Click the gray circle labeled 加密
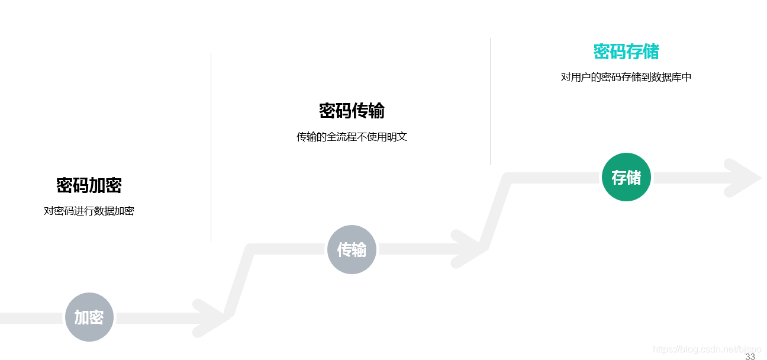(x=89, y=317)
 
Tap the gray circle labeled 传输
(x=352, y=250)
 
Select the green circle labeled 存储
(x=626, y=177)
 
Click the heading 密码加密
(x=89, y=185)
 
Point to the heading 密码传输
(x=352, y=111)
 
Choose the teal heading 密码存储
(x=626, y=52)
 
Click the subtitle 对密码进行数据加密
(x=89, y=211)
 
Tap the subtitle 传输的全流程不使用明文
(x=352, y=137)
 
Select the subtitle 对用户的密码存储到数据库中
(x=626, y=77)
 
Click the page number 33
(x=750, y=356)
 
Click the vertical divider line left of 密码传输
(x=211, y=148)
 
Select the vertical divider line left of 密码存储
(x=490, y=101)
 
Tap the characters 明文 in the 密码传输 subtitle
(x=397, y=137)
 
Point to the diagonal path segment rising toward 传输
(x=240, y=282)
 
